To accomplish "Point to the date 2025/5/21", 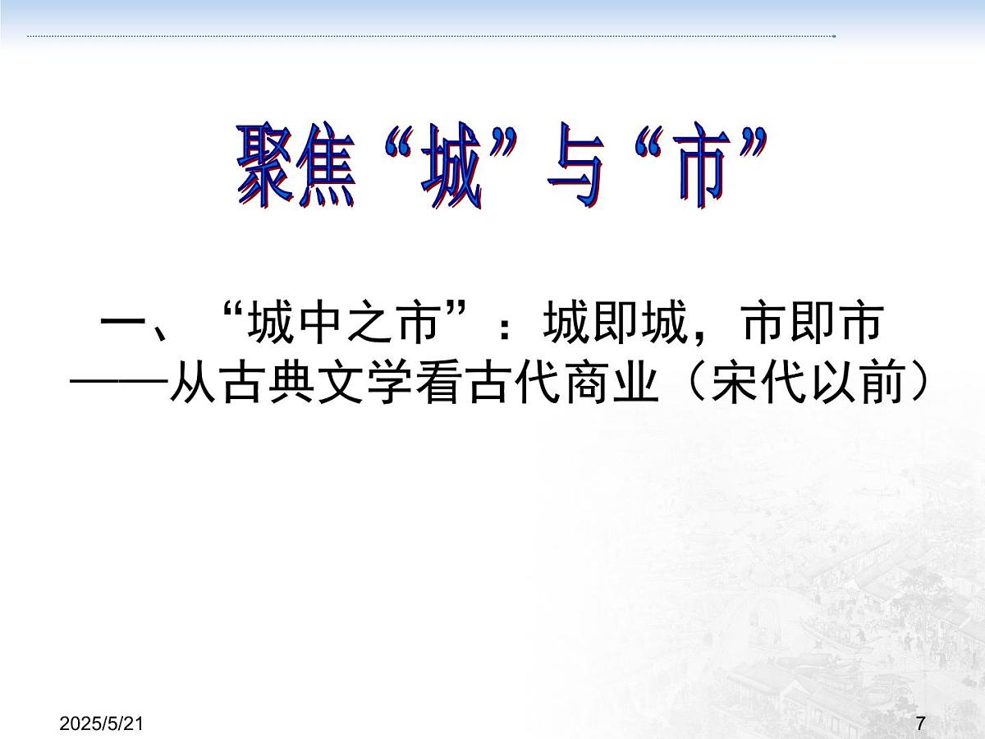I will click(103, 723).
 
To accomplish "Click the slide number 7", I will click(920, 723).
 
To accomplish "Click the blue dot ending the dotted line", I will click(834, 36).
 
